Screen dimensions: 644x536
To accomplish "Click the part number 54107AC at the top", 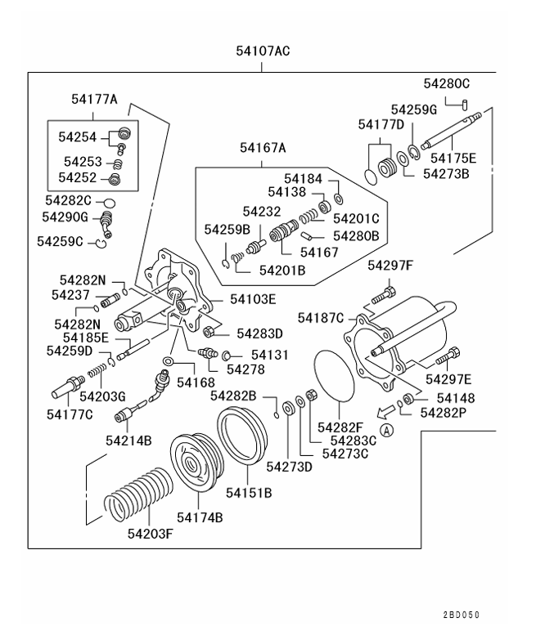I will [262, 51].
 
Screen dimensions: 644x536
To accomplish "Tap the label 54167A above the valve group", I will [263, 148].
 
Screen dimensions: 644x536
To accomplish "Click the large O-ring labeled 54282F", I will [335, 376].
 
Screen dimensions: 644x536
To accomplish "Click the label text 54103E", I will [254, 299].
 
